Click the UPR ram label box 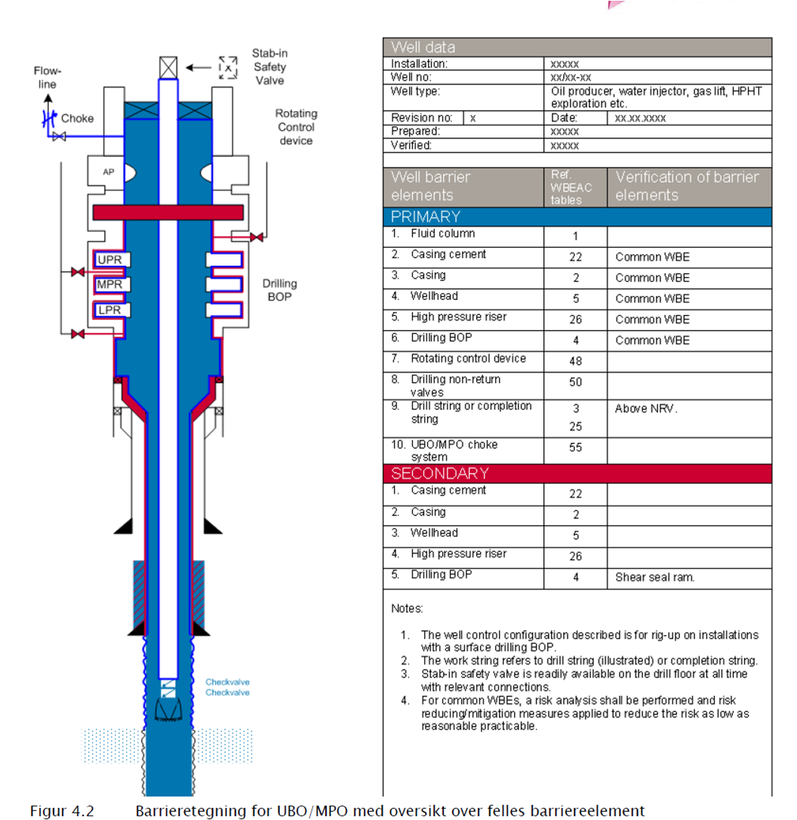coord(109,260)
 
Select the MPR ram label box coord(109,285)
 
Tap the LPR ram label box coord(109,310)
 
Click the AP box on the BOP coord(109,172)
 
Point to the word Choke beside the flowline coord(77,119)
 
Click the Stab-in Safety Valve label coord(269,67)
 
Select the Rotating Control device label coord(296,127)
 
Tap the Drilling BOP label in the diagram coord(279,290)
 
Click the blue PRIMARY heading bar coord(577,217)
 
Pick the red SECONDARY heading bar coord(577,473)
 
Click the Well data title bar coord(577,47)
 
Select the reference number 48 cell coord(575,361)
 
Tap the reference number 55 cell coord(575,447)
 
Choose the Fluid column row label coord(443,234)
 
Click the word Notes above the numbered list coord(408,609)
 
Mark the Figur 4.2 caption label coord(62,812)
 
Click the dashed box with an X coord(227,67)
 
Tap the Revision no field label coord(421,118)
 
